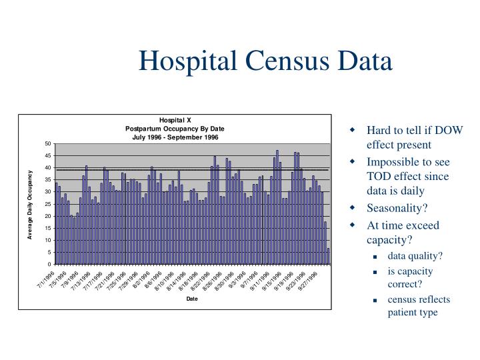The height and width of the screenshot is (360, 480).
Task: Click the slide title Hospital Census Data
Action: click(265, 61)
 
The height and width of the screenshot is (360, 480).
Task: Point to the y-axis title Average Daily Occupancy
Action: click(31, 204)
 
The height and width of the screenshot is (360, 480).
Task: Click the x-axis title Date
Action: click(192, 298)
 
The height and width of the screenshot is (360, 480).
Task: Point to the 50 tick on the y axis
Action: click(47, 144)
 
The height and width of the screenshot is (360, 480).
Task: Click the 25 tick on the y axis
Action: click(47, 204)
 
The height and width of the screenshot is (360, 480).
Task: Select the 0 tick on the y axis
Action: click(49, 264)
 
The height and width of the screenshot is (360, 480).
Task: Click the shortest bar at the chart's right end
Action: click(328, 256)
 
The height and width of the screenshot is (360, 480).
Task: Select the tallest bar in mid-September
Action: click(277, 207)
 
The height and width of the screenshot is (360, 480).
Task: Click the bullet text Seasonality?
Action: click(396, 208)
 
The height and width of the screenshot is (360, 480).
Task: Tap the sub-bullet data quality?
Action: click(415, 255)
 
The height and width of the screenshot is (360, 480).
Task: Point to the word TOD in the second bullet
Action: click(379, 177)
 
